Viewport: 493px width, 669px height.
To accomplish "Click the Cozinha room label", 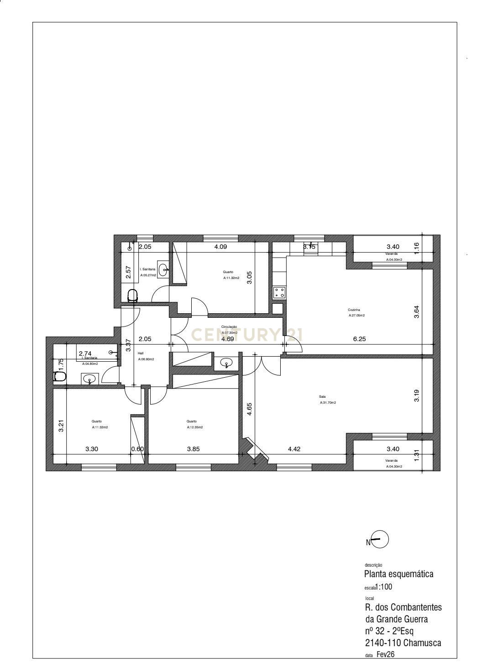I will tap(354, 310).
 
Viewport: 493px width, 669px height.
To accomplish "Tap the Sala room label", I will tap(322, 397).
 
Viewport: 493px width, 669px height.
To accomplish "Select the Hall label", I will tap(141, 353).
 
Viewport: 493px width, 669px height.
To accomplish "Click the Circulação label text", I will tap(229, 327).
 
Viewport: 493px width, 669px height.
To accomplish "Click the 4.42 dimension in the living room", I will tap(294, 449).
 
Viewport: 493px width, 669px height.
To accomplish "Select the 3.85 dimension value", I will tap(193, 449).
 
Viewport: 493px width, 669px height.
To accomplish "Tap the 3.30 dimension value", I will tap(92, 449).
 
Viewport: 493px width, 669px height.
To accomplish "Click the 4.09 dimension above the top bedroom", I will tap(221, 247).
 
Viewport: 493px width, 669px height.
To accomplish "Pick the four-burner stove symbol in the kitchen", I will tap(279, 293).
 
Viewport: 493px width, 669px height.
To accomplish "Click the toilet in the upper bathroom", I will tap(132, 295).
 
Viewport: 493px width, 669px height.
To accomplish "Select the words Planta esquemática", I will tap(399, 574).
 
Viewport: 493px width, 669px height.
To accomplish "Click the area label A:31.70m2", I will tap(327, 403).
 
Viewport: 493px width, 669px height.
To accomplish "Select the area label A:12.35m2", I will tap(194, 427).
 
